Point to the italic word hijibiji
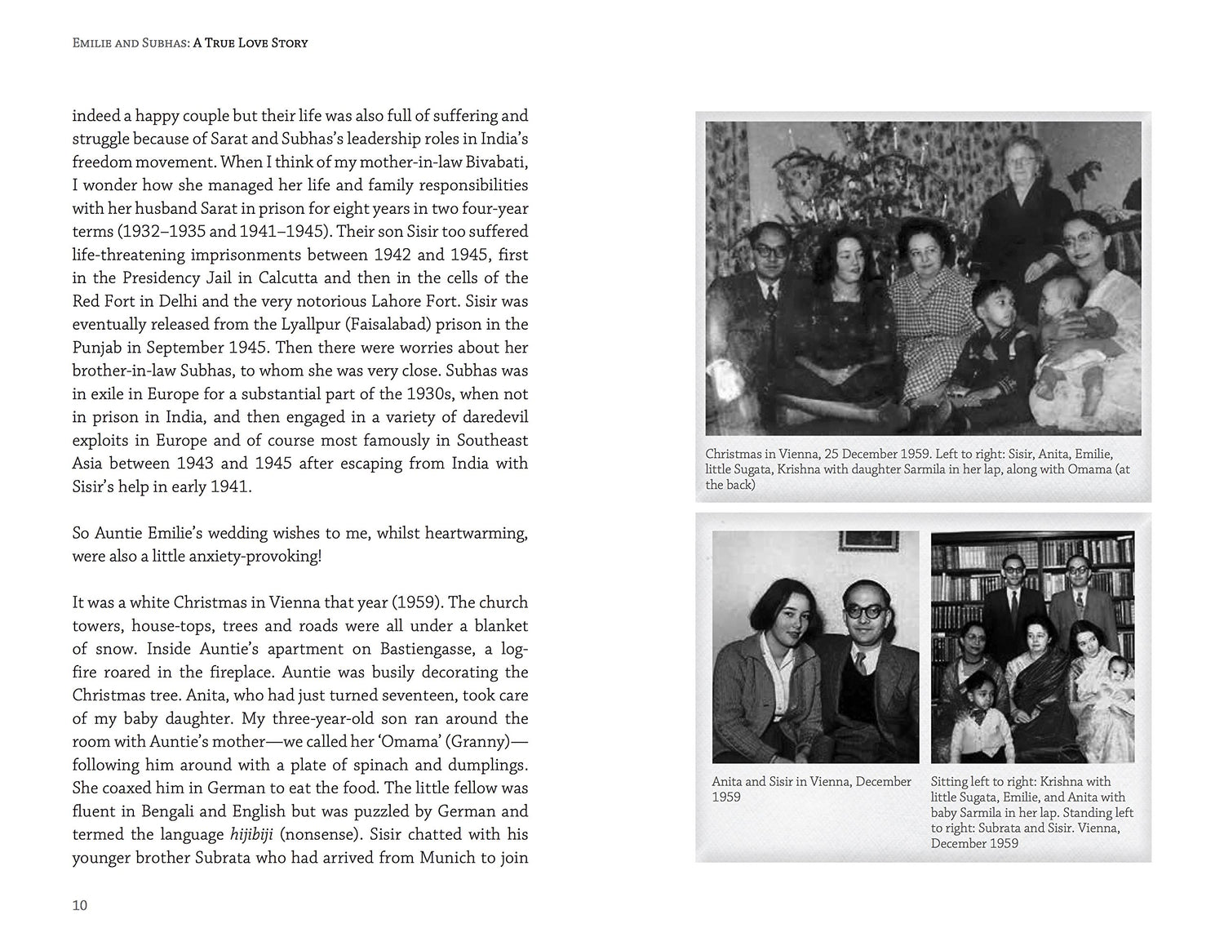point(251,834)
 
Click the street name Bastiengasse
point(427,649)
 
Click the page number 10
point(79,904)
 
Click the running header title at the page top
point(190,42)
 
